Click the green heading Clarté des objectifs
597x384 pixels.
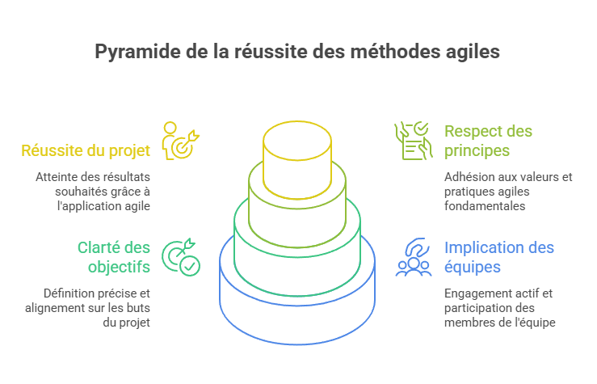113,257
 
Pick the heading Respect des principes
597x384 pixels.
488,141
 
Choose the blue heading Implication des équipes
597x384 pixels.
498,257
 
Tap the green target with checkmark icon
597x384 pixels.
181,257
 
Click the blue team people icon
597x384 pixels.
413,258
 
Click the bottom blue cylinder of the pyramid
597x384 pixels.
297,319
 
